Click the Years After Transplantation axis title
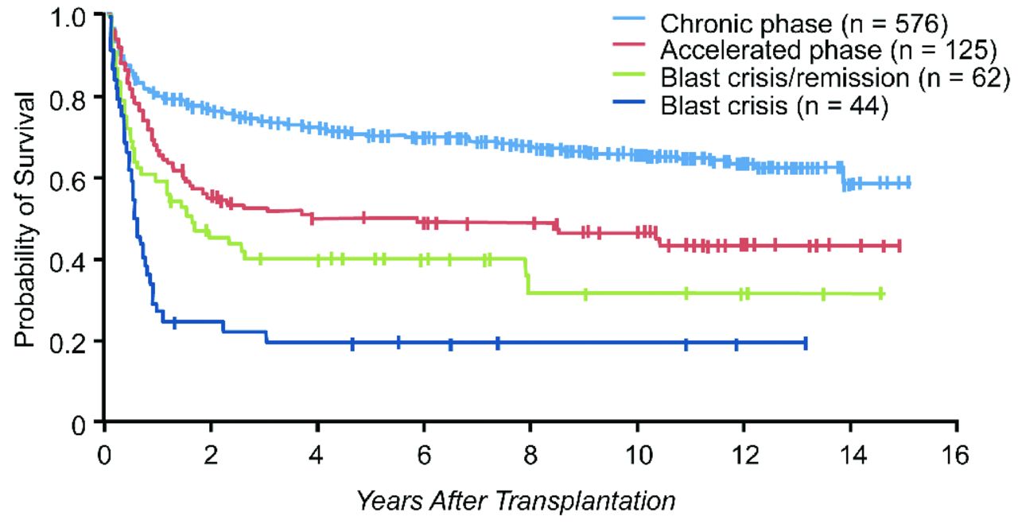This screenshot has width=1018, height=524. (515, 502)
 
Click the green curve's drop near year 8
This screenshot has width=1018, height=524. (527, 276)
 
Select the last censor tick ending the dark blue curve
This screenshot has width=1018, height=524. (806, 343)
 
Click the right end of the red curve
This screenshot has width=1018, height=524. (899, 246)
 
